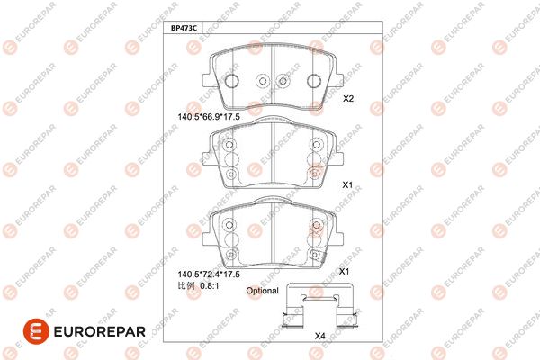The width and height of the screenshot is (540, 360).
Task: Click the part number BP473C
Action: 184,28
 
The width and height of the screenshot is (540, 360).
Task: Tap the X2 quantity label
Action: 348,98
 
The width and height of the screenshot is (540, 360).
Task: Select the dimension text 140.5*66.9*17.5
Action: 209,117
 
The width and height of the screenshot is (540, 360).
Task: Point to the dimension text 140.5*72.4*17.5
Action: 209,274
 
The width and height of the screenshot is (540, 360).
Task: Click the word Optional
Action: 262,291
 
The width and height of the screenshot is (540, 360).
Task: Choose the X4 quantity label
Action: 319,336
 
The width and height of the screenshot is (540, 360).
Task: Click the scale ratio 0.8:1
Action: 210,285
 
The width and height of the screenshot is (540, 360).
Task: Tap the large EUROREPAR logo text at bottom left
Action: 100,332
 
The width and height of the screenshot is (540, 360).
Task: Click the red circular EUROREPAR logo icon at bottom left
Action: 36,331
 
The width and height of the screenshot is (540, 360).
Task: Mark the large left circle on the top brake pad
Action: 231,81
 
